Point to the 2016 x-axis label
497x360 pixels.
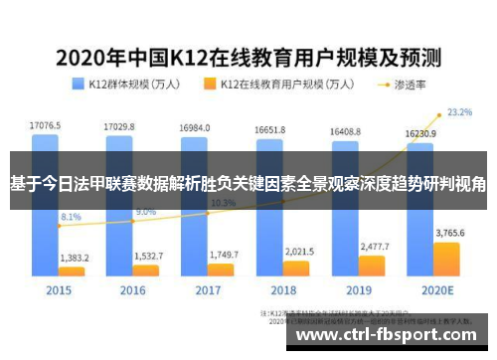coord(133,290)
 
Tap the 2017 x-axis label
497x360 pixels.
coord(207,290)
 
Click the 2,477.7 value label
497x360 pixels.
coord(373,246)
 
